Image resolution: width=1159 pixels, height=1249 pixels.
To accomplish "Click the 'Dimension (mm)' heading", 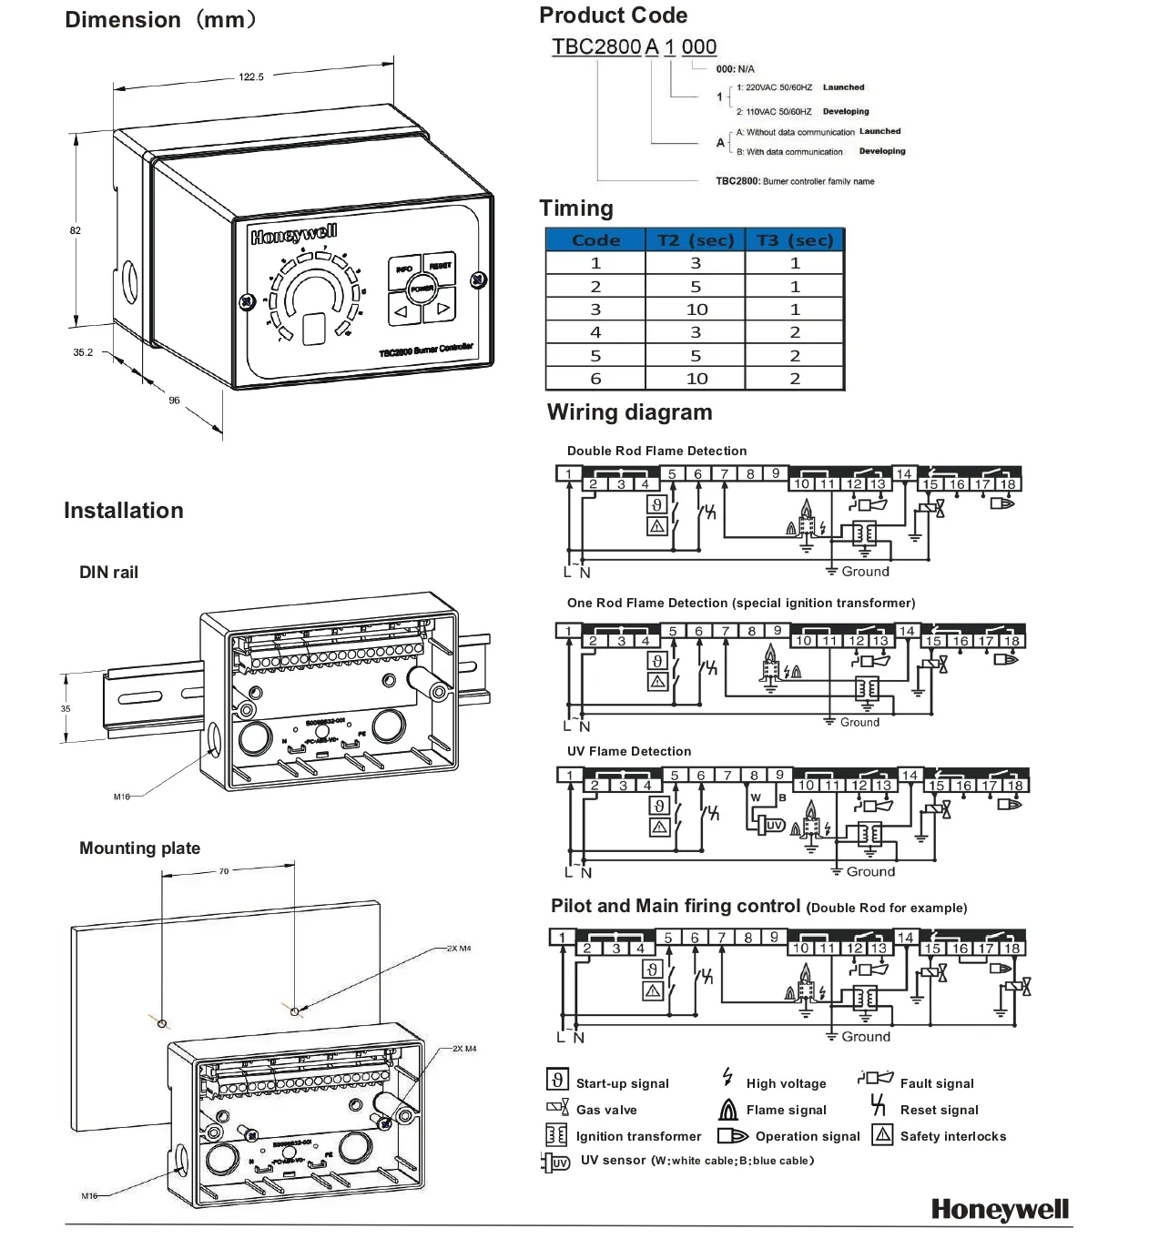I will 161,20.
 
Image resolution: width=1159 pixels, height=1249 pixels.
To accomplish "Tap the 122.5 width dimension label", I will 251,77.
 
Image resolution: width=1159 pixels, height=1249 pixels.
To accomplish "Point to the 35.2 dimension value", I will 83,352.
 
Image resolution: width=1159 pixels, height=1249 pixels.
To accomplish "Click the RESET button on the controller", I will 440,266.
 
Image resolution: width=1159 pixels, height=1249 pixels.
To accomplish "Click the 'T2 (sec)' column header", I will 696,240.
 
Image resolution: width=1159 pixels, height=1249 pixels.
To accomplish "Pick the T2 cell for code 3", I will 696,310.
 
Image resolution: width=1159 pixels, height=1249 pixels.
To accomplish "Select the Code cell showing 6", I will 595,379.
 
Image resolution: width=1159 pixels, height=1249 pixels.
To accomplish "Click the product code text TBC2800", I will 596,46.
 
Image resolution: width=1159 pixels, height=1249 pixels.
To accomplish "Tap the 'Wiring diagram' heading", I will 629,412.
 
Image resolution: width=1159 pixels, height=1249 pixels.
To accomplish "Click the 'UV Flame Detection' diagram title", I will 629,751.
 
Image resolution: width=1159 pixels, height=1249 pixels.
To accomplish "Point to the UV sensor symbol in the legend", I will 556,1163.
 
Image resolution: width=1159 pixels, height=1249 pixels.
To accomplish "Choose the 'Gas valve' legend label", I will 606,1110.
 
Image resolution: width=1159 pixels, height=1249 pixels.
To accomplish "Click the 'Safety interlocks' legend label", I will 953,1136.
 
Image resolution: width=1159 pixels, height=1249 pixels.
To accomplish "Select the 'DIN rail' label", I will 108,573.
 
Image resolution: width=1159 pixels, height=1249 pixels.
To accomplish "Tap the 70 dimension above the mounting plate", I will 224,871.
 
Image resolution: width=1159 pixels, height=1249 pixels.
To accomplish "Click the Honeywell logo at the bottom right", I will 1000,1209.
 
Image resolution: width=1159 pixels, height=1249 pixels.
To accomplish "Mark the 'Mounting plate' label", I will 139,848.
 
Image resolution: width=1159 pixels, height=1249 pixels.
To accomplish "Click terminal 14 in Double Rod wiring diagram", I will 903,473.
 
